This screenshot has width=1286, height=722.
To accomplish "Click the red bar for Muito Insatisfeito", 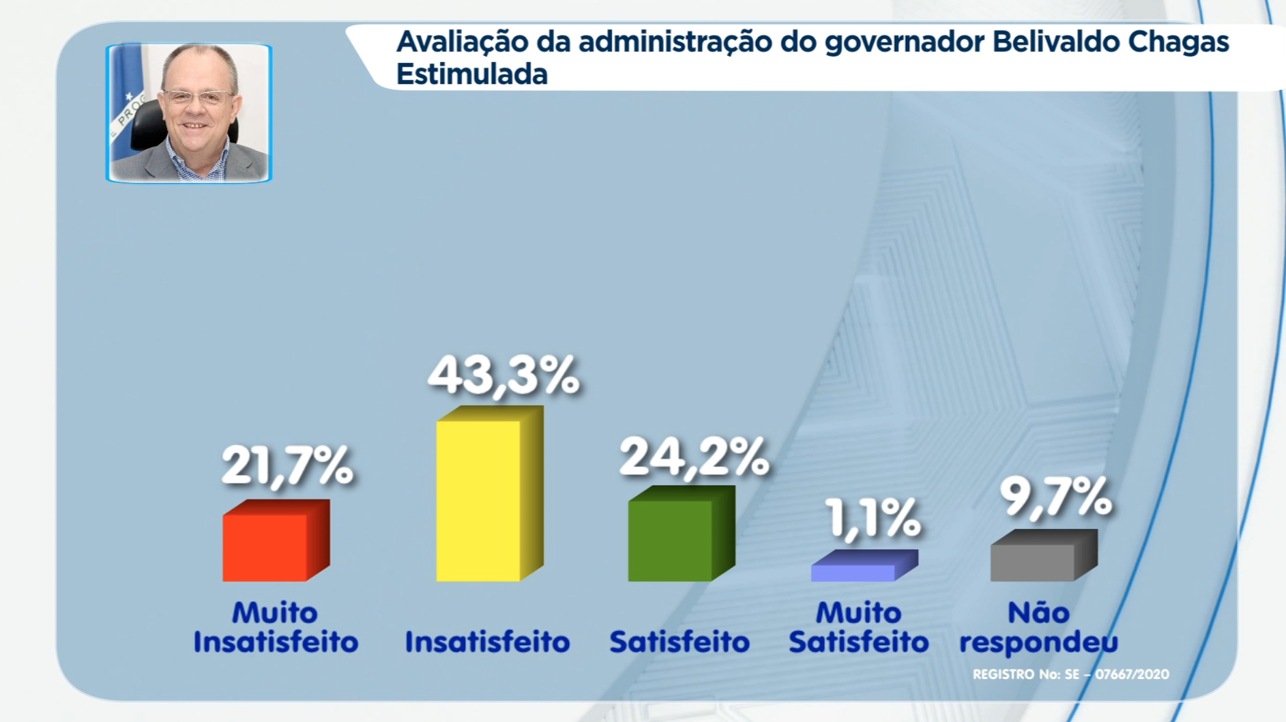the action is [276, 540].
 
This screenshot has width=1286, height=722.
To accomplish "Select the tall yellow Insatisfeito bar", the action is [490, 493].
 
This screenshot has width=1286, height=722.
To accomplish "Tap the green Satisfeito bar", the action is [682, 533].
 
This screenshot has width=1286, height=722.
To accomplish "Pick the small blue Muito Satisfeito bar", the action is [864, 565].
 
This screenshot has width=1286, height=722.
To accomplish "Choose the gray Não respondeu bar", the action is [1044, 555].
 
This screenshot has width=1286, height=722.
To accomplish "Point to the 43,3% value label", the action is [503, 376].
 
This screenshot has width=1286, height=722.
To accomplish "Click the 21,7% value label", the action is [287, 467].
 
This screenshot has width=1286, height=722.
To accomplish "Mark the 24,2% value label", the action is [694, 457].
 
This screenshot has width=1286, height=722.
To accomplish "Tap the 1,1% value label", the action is [873, 518].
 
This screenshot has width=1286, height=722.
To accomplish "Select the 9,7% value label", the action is [1055, 496].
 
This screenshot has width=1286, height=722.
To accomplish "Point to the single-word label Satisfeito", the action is [679, 642].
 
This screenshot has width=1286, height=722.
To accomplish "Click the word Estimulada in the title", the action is [472, 74].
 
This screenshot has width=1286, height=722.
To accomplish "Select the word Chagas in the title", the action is [1178, 42].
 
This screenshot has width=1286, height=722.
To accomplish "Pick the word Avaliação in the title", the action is [463, 42].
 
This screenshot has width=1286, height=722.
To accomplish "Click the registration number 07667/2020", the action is [1132, 674].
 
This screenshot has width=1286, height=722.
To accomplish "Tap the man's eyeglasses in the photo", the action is [198, 97].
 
